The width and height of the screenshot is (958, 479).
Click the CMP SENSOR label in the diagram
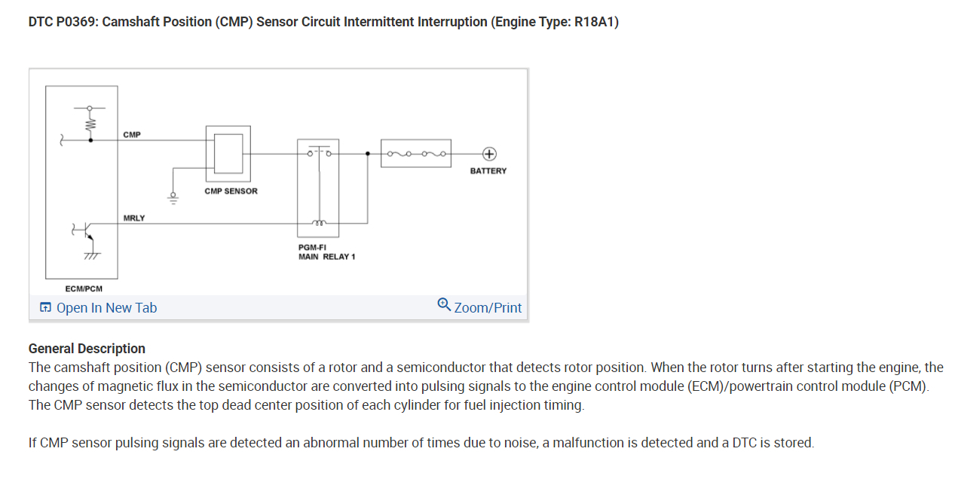tap(231, 191)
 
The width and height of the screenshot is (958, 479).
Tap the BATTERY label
tap(488, 171)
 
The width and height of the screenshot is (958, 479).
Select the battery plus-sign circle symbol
tap(488, 154)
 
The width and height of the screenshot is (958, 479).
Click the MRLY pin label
tap(134, 218)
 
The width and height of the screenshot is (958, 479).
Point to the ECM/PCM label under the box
tap(84, 288)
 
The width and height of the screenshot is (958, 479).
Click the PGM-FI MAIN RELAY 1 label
tap(326, 252)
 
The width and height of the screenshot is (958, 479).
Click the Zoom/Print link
tap(488, 307)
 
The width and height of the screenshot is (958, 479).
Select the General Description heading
tap(87, 349)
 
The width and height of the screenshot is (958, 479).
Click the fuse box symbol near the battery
tap(416, 154)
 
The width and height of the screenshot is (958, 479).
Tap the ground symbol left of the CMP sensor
tap(173, 199)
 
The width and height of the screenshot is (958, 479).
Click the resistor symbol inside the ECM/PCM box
tap(90, 122)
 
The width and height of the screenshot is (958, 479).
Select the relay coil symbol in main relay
tap(318, 222)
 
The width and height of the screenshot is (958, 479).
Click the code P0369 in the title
tap(75, 22)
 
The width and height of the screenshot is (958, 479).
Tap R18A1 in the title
tap(595, 22)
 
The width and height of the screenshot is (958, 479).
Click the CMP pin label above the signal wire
tap(131, 134)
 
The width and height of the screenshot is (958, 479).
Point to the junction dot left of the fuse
tap(368, 154)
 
